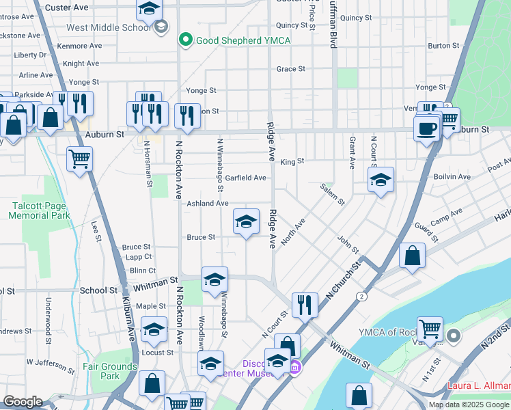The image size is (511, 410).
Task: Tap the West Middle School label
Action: click(x=109, y=28)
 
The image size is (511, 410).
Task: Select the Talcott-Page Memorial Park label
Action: click(x=40, y=210)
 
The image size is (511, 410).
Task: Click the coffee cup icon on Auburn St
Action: click(x=427, y=128)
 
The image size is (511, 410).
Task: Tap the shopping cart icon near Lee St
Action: click(x=80, y=160)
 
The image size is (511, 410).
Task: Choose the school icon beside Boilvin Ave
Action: click(x=381, y=180)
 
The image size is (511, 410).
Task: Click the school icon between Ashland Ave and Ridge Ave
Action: click(x=247, y=221)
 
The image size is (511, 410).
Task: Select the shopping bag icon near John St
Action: click(x=413, y=256)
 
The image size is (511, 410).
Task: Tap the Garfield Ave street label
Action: click(x=246, y=178)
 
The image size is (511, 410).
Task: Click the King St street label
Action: click(x=292, y=161)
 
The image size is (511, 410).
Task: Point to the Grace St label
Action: click(x=291, y=69)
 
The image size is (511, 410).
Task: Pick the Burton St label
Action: click(x=443, y=46)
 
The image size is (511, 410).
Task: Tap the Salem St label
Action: click(x=334, y=193)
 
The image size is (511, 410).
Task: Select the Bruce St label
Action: click(x=202, y=237)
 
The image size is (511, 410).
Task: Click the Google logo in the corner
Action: click(x=23, y=402)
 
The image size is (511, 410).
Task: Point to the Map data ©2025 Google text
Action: click(x=468, y=405)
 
